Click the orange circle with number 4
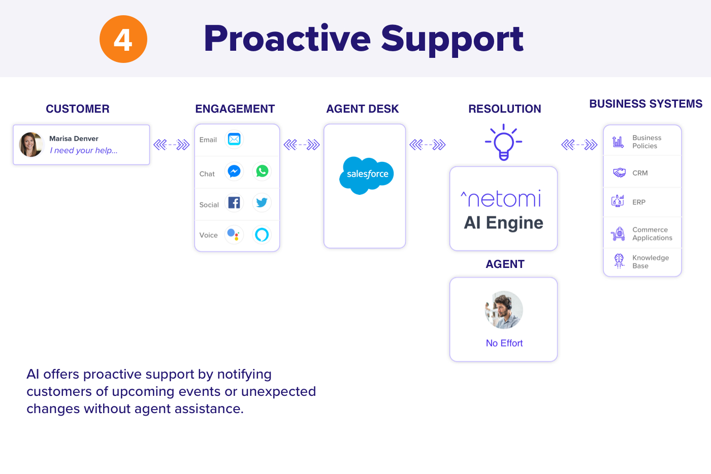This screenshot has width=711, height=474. pos(123,39)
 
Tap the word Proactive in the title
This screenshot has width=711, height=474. pos(287,39)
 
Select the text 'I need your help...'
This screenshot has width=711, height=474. pos(84,151)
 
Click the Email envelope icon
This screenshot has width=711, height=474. pos(234,139)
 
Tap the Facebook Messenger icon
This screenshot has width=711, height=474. pos(234,172)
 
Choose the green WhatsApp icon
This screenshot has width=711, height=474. pos(262,172)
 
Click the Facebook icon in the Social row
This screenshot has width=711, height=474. pos(234,203)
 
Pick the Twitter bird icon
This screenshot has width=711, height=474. pos(262,203)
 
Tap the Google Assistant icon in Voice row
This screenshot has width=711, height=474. pos(234,234)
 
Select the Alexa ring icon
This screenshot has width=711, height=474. pos(262,234)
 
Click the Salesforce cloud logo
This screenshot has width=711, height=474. pos(367,175)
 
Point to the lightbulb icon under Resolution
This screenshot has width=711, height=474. pos(503,143)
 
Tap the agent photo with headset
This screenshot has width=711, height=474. pos(504,310)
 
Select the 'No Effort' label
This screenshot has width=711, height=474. pos(504,344)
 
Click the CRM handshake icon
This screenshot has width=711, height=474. pos(619,173)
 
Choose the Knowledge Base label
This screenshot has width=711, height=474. pos(650,262)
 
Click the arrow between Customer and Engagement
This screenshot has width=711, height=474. pos(172,145)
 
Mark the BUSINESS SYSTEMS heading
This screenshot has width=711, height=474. pos(645,104)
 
